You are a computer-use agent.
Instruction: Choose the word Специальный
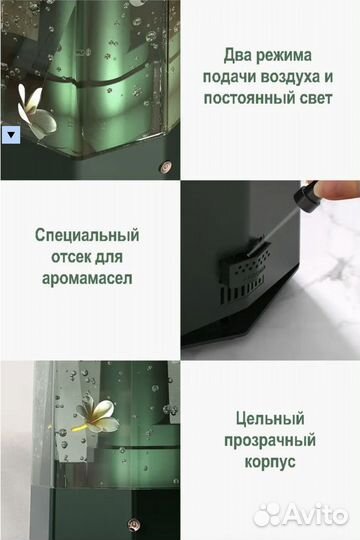point(87,236)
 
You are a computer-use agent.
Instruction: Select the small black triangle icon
point(11,132)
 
